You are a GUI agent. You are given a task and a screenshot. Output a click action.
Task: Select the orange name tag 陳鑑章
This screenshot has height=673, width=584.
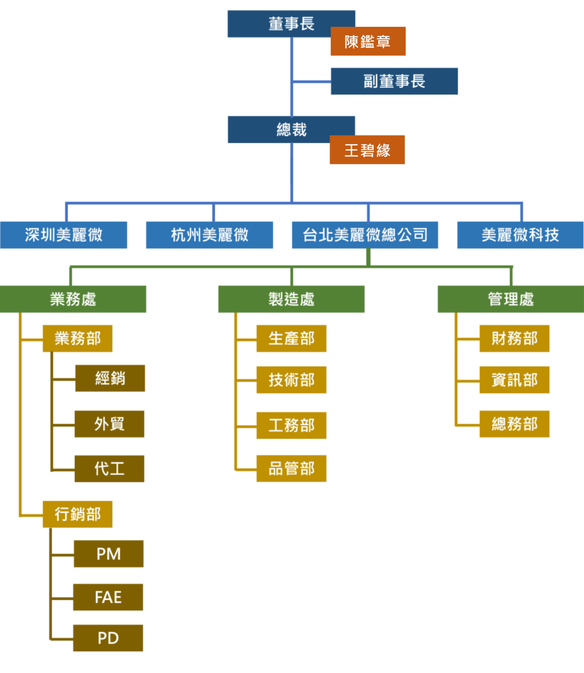tap(368, 41)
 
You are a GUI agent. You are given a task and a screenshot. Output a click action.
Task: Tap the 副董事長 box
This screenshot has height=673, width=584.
tap(394, 81)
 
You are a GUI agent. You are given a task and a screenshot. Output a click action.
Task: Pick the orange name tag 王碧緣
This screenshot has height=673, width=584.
tap(367, 150)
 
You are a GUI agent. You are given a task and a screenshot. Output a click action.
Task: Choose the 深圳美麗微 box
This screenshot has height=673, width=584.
tap(63, 235)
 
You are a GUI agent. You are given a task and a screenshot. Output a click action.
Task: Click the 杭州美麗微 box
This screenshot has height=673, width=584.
tap(209, 235)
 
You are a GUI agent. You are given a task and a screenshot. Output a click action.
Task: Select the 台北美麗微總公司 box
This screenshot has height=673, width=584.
tap(365, 235)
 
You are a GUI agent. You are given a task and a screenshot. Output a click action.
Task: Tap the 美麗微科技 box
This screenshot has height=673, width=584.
tap(520, 235)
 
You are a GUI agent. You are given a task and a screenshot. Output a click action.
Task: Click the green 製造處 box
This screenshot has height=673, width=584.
tap(291, 299)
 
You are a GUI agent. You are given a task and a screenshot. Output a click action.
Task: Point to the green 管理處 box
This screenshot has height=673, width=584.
tap(510, 299)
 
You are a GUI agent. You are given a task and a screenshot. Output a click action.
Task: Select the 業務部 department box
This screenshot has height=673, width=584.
tap(78, 338)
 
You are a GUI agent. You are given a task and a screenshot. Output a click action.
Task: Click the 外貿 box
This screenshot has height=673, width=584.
tap(109, 424)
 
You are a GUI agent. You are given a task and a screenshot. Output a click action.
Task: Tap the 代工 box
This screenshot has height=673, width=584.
tap(109, 468)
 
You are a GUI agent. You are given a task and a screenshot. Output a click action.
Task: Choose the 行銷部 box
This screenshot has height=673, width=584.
tap(78, 514)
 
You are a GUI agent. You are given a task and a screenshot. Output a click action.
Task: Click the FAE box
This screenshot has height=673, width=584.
tap(108, 597)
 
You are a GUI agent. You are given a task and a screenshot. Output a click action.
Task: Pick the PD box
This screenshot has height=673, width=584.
tap(108, 638)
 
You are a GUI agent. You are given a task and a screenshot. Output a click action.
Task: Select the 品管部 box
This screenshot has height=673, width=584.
tap(291, 468)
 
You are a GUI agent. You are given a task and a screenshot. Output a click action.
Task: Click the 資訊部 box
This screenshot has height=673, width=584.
tap(514, 380)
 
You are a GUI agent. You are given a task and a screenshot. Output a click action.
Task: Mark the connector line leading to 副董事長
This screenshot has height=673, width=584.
tap(312, 82)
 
